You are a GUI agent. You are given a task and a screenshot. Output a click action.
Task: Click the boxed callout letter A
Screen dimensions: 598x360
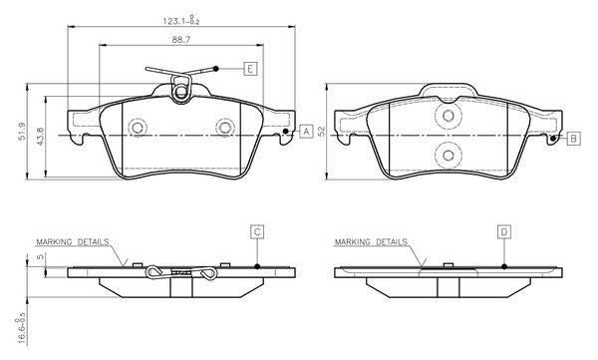306,132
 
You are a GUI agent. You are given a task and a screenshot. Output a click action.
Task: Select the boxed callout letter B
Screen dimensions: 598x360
574,138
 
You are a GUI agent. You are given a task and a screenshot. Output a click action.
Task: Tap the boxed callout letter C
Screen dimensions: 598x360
257,231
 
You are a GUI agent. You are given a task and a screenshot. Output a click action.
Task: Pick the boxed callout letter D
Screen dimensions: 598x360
504,231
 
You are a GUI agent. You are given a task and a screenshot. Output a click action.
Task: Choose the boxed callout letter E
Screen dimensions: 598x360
250,69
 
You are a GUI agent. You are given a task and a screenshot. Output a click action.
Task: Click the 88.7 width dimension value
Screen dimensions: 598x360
181,40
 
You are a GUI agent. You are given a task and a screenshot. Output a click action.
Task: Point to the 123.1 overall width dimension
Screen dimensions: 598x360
181,20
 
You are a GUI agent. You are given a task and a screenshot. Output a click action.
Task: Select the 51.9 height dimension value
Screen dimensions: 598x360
22,132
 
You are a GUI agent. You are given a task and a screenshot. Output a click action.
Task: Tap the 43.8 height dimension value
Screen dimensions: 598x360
41,136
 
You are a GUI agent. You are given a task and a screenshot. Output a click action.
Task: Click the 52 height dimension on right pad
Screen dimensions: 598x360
322,132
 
